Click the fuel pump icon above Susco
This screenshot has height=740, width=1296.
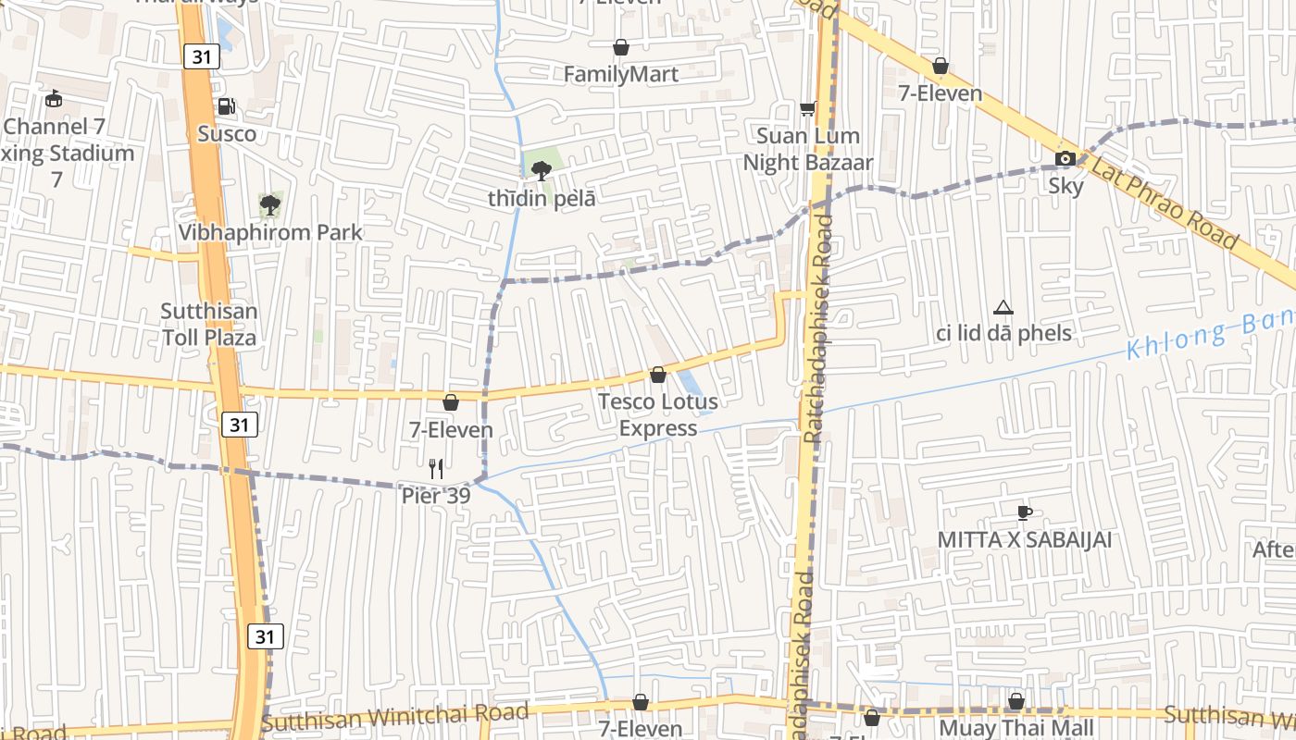coord(226,106)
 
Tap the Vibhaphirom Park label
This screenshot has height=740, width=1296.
coord(270,232)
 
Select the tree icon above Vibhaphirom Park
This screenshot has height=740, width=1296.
coord(270,204)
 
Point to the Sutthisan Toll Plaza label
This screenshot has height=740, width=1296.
coord(209,324)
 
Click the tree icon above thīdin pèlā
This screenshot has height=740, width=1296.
coord(542,169)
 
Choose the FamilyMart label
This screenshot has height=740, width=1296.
coord(621,74)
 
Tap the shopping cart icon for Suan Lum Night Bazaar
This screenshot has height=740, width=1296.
coord(808,108)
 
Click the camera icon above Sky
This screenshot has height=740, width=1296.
coord(1065,158)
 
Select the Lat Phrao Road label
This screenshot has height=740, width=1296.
coord(1164,203)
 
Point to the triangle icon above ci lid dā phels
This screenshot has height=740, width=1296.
coord(1003,307)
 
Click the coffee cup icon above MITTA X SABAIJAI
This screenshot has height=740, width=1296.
coord(1024,512)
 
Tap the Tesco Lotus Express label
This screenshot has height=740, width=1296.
coord(657,415)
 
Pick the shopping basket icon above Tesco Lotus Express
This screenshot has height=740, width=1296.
coord(657,375)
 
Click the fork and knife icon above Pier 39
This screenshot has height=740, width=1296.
coord(436,469)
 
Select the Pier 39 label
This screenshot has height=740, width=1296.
coord(436,496)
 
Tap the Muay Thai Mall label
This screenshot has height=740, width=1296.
coord(1016,728)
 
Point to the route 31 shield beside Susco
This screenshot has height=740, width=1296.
coord(201,56)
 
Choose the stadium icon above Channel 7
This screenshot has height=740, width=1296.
coord(55,98)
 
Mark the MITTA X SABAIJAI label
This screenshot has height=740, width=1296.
coord(1024,539)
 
